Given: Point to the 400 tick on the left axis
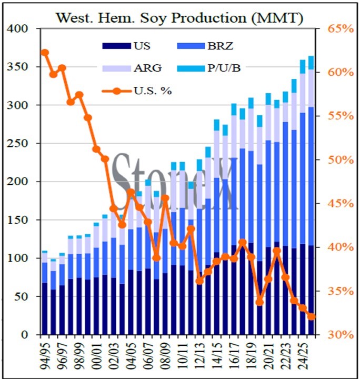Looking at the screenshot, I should [18, 29].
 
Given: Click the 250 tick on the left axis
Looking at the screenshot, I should [18, 144].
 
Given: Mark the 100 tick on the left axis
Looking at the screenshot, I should [18, 258].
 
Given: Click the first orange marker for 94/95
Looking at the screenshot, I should [45, 53].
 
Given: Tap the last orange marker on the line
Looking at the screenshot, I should [312, 316].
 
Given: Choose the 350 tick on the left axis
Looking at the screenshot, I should [18, 67].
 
